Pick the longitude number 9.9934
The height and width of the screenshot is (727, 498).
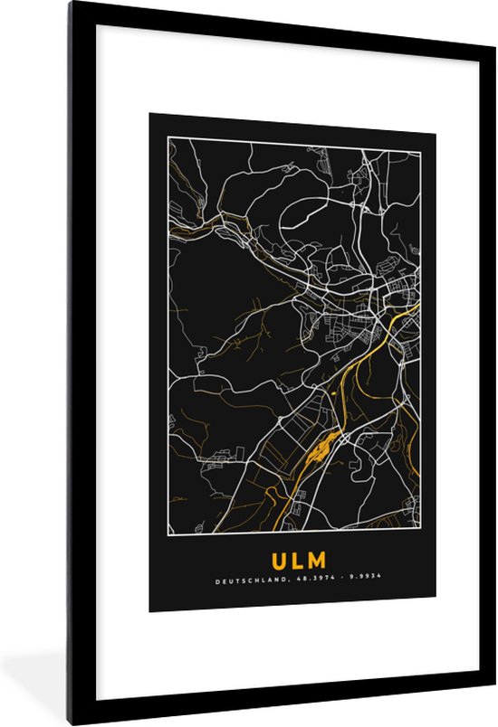352,583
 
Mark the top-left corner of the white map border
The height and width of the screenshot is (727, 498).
168,138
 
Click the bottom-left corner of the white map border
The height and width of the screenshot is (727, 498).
168,534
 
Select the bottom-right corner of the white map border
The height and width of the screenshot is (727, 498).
420,534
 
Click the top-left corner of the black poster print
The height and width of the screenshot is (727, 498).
150,113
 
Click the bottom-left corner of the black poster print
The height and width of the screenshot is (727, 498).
150,612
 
